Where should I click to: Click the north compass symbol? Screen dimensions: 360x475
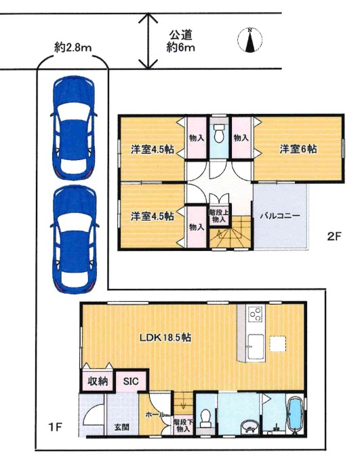[249, 40]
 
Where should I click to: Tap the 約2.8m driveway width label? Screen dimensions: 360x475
[73, 47]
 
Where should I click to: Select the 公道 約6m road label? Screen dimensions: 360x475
[180, 41]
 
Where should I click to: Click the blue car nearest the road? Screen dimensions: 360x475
[74, 128]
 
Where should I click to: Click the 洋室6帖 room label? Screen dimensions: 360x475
[298, 149]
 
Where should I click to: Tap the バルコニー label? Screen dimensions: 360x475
[280, 216]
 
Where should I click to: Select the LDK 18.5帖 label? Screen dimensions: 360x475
[165, 337]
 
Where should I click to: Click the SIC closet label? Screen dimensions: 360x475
[131, 381]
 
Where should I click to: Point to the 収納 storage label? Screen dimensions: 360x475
[98, 381]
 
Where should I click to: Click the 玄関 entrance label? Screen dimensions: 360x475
[122, 427]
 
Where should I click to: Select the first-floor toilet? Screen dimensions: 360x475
[205, 419]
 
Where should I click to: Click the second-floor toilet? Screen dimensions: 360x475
[218, 134]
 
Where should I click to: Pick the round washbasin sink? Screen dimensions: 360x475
[249, 427]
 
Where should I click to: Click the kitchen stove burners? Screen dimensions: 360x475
[256, 314]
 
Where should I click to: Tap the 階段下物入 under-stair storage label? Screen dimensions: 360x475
[183, 425]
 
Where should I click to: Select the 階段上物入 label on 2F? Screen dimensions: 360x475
[218, 216]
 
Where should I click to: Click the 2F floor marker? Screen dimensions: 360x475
[334, 236]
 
